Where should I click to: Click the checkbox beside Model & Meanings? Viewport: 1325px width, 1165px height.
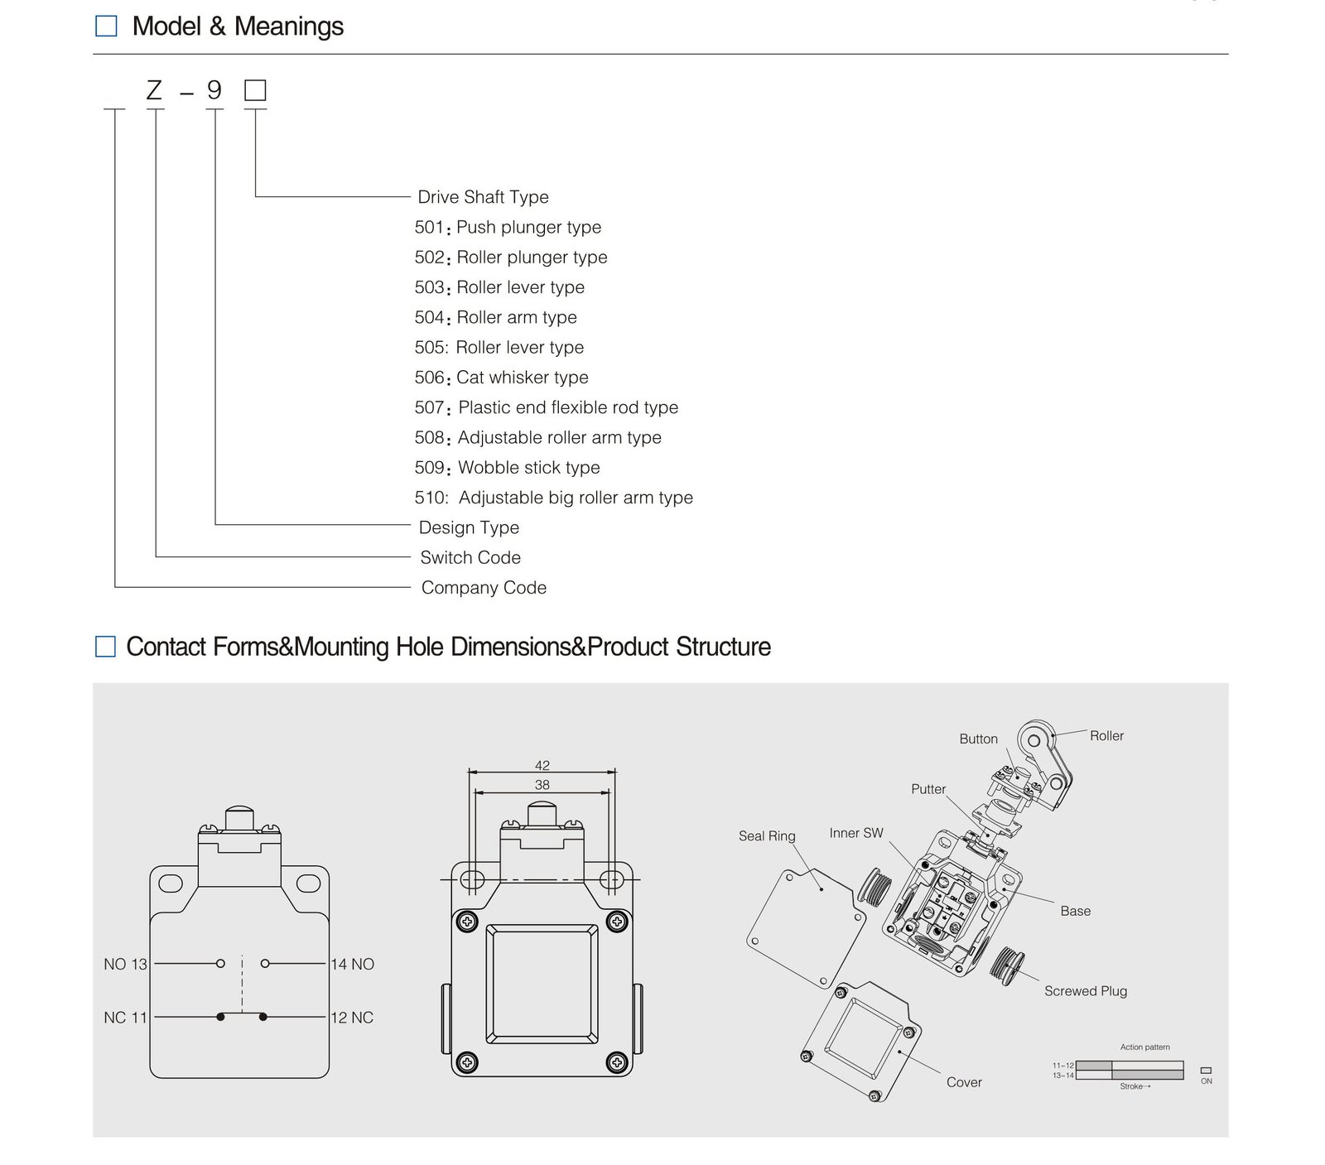point(106,26)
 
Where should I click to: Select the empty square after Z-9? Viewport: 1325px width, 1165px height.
point(255,90)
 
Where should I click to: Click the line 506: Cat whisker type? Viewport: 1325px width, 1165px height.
point(501,378)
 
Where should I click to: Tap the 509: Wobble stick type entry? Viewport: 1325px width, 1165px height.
point(507,468)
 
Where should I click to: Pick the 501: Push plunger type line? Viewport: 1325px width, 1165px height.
point(508,227)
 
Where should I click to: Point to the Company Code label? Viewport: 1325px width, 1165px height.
point(484,588)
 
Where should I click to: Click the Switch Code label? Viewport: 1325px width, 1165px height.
point(470,558)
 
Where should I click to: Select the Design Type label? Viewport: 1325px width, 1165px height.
point(469,527)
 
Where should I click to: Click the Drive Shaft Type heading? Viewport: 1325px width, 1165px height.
point(483,197)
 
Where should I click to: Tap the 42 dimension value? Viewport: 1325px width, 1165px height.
point(542,765)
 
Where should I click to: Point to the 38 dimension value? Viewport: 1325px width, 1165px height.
point(542,784)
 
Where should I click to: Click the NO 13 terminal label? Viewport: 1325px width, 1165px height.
point(125,964)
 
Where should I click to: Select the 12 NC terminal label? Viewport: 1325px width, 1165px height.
point(352,1018)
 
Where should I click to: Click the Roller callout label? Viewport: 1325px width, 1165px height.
point(1106,736)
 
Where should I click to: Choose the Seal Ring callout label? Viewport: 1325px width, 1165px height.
point(767,836)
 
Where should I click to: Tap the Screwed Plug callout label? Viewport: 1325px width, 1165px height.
point(1086,991)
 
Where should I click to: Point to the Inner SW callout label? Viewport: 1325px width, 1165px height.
point(856,833)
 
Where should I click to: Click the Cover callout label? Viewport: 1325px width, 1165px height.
point(964,1082)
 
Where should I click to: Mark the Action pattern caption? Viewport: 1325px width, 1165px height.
point(1144,1047)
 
